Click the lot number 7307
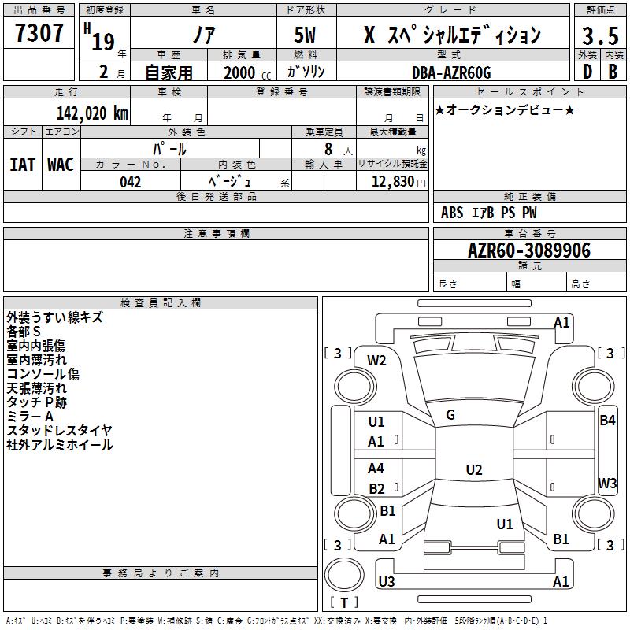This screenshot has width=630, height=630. (x=39, y=33)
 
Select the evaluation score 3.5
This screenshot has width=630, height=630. (x=600, y=35)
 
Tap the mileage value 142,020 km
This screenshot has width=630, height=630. (x=92, y=113)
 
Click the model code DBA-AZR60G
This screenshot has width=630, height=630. (x=451, y=72)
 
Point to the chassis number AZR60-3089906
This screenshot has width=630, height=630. (x=529, y=250)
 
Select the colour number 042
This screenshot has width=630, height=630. (x=130, y=182)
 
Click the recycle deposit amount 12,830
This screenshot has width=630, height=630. (x=393, y=182)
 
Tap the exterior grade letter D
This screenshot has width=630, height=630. (x=587, y=72)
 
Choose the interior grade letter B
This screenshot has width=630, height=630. (x=613, y=72)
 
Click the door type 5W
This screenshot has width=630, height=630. (x=305, y=35)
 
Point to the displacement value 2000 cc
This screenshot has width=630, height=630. (x=247, y=72)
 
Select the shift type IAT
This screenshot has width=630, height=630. (x=23, y=165)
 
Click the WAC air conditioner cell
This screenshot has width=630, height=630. (x=61, y=165)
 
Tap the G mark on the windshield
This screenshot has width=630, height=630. (x=450, y=415)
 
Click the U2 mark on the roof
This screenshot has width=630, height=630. (x=474, y=469)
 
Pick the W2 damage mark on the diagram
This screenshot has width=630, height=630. (x=376, y=361)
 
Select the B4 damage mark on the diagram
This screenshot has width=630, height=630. (x=607, y=421)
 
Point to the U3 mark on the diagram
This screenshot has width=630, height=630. (x=387, y=581)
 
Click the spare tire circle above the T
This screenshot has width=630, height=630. (x=344, y=575)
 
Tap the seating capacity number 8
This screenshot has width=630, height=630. (x=328, y=149)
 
